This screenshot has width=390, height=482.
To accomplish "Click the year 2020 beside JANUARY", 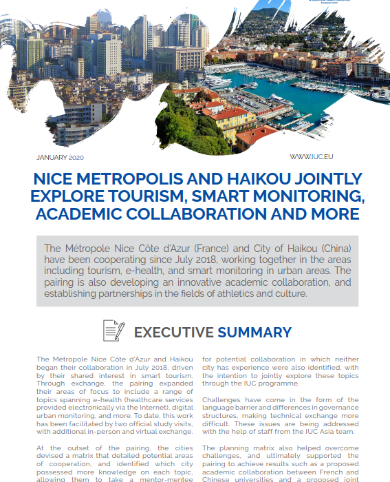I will pyautogui.click(x=76, y=157).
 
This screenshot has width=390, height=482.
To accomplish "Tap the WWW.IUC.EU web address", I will pyautogui.click(x=312, y=157).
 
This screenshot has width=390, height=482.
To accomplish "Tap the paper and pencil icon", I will pyautogui.click(x=113, y=331).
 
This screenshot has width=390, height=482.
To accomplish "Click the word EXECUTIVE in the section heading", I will pyautogui.click(x=173, y=333).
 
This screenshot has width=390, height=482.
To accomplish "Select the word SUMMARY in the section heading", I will pyautogui.click(x=254, y=333).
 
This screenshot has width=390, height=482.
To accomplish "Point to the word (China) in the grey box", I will pyautogui.click(x=333, y=248).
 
